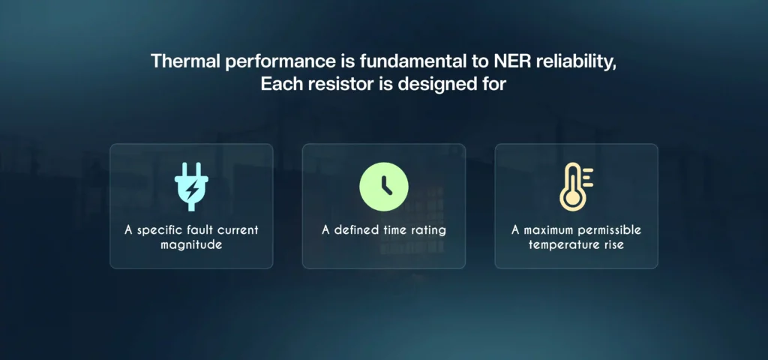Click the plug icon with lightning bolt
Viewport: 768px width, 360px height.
coord(191,186)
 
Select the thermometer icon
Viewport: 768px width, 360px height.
coord(575,186)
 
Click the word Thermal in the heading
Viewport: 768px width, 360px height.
coord(183,61)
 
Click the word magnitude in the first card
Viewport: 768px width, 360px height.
coord(191,244)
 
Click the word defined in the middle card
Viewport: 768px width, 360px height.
coord(357,229)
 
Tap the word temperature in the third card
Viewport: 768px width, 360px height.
coord(562,244)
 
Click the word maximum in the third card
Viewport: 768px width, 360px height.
coord(547,229)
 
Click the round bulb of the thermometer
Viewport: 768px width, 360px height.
coord(572,199)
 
